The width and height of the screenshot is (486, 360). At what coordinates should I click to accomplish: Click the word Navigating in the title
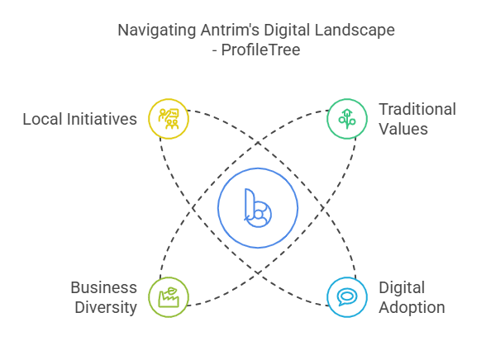coord(156,31)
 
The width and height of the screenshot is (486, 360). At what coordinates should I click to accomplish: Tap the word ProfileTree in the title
coord(260,50)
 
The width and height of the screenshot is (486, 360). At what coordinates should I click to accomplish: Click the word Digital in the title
coord(287,31)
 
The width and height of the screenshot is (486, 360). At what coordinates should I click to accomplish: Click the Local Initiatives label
coord(79,119)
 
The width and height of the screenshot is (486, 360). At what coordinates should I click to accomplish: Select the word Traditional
coord(417,109)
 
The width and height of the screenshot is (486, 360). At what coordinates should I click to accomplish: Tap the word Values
coord(403,129)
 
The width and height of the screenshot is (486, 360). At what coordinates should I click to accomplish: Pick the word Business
coord(103,287)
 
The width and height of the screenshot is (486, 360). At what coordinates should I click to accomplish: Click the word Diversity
coord(106,308)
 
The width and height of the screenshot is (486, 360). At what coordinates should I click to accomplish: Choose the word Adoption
coord(412,308)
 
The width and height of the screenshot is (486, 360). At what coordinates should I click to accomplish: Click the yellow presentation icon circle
coord(169,119)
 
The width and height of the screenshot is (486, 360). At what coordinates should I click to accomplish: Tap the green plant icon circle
coord(347,119)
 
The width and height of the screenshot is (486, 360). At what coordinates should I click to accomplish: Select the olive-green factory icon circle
coord(169,297)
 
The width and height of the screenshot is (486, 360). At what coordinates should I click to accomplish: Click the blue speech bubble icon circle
coord(347,297)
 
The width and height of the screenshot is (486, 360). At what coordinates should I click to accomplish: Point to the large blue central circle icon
coord(258,208)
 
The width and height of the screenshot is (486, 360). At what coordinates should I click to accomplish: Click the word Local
coord(43,119)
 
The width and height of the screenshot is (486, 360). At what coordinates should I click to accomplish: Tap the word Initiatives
coord(102,119)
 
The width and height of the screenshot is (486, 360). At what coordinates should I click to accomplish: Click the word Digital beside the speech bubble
coord(402,288)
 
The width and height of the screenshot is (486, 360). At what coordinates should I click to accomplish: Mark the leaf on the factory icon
coord(172,291)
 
